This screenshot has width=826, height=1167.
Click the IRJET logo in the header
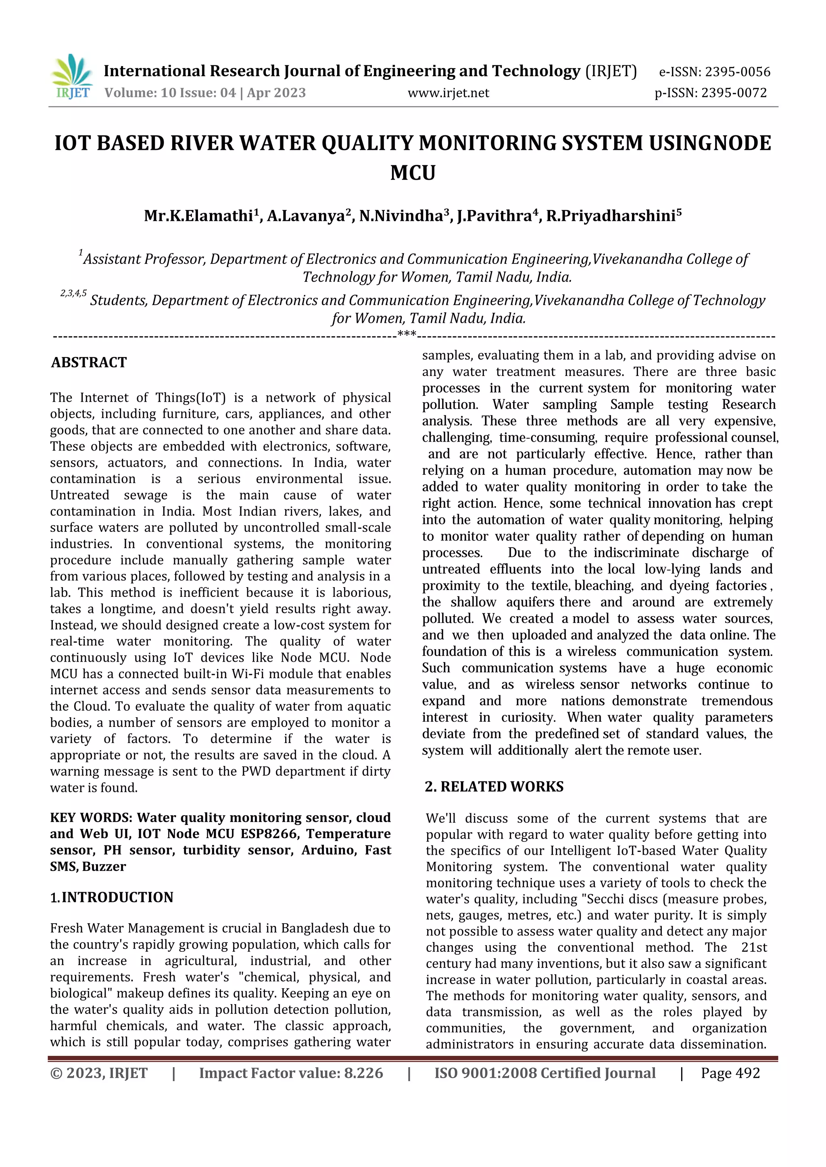tap(72, 76)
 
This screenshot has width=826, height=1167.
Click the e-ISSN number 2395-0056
tap(736, 72)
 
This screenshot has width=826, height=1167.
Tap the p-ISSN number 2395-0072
tap(733, 93)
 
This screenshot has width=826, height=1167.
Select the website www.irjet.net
tap(448, 93)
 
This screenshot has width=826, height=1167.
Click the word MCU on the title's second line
tap(413, 173)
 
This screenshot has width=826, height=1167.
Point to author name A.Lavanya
tap(306, 216)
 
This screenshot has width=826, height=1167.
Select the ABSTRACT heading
tap(89, 362)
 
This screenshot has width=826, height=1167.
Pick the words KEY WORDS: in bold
tap(92, 817)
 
